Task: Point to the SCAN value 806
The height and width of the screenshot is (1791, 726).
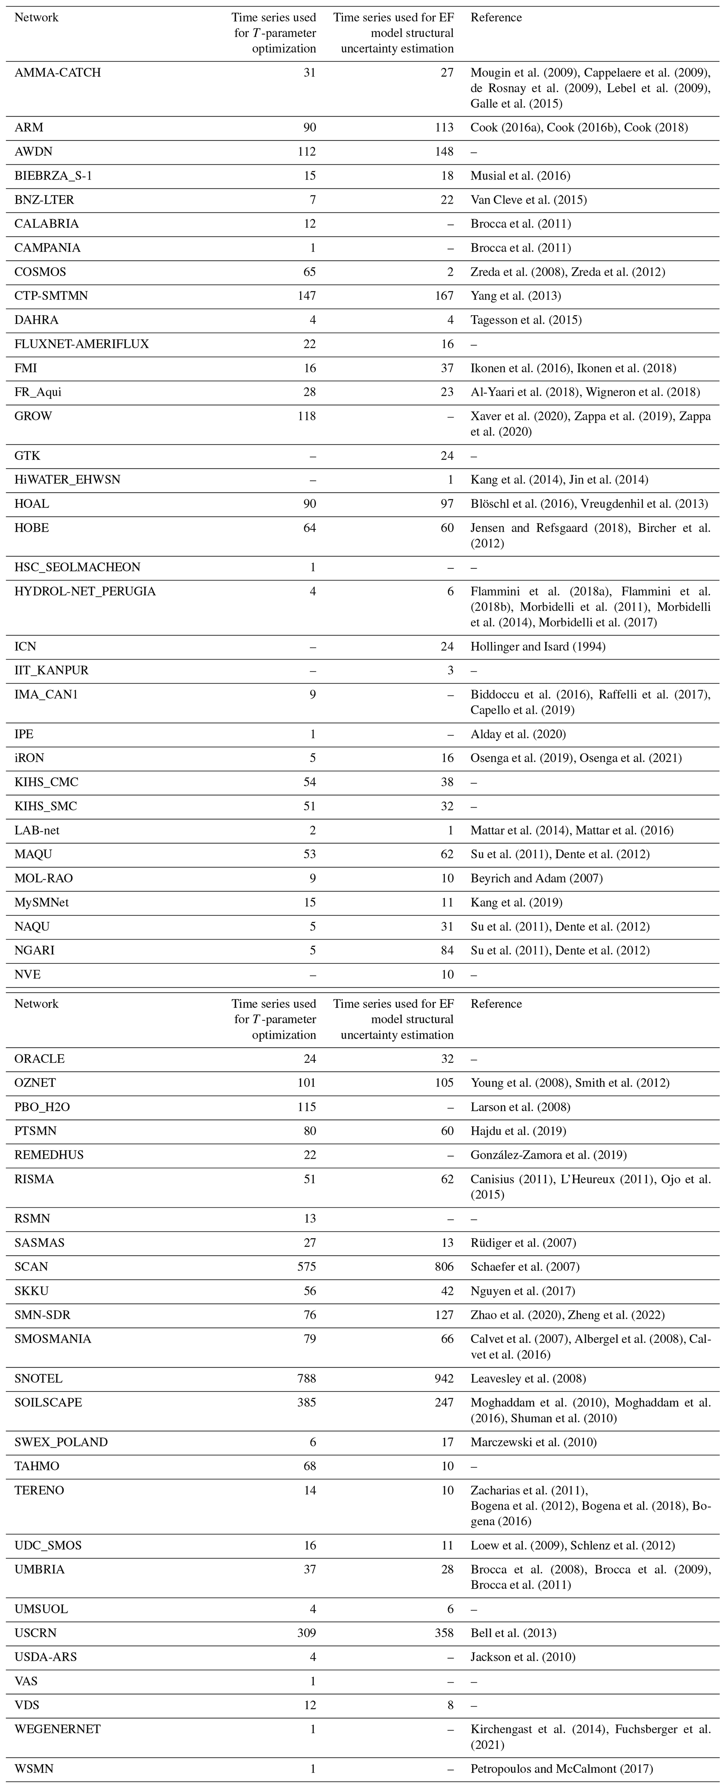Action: pyautogui.click(x=444, y=1266)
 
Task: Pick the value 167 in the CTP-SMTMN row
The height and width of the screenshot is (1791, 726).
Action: pyautogui.click(x=444, y=296)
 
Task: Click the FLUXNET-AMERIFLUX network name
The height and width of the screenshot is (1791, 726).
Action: pyautogui.click(x=81, y=344)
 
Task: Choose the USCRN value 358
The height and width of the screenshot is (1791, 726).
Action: pyautogui.click(x=444, y=1633)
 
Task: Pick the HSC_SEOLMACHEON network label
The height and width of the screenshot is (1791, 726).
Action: pyautogui.click(x=77, y=567)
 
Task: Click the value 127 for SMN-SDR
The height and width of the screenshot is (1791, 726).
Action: pyautogui.click(x=444, y=1315)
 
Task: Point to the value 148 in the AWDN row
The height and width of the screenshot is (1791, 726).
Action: pyautogui.click(x=444, y=152)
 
